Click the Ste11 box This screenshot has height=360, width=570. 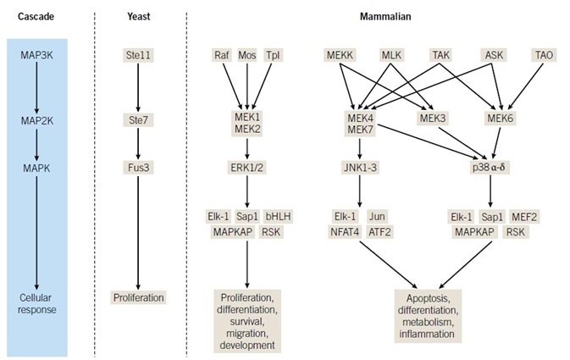click(x=137, y=54)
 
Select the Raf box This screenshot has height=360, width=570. click(x=221, y=54)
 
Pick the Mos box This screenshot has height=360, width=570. click(x=246, y=54)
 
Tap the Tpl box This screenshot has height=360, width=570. click(x=272, y=54)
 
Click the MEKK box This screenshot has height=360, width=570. click(x=340, y=54)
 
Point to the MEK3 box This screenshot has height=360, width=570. click(x=433, y=119)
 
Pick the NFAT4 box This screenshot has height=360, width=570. click(x=346, y=230)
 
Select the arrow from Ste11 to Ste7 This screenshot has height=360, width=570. click(x=137, y=87)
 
